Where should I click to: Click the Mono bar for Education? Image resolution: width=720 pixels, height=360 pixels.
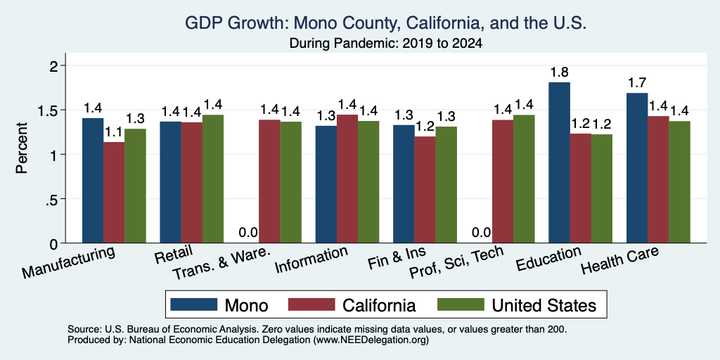tap(559, 162)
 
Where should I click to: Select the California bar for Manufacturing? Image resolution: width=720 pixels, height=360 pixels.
tap(114, 193)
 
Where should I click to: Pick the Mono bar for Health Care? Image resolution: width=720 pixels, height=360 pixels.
tap(637, 167)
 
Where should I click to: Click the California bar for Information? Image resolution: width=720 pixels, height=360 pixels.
tap(347, 179)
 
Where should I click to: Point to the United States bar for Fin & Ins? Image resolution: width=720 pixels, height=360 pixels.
tap(446, 185)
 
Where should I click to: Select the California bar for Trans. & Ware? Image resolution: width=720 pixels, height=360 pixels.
tap(269, 181)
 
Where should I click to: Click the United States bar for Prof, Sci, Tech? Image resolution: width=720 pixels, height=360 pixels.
tap(524, 179)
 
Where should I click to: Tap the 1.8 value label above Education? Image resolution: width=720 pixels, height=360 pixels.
tap(559, 72)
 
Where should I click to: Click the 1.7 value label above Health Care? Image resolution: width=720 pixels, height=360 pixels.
tap(637, 83)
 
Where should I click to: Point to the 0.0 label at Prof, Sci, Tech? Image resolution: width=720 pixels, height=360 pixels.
tap(481, 232)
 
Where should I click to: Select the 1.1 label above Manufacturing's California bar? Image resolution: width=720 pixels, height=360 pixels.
tap(114, 131)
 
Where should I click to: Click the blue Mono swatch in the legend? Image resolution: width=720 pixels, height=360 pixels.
tap(193, 304)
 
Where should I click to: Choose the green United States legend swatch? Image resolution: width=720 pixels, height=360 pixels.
tap(461, 304)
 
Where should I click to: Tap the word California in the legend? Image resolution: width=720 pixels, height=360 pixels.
tap(379, 305)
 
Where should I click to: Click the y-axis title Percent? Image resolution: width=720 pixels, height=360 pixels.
tap(22, 148)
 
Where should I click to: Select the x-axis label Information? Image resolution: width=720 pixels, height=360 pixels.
tap(310, 259)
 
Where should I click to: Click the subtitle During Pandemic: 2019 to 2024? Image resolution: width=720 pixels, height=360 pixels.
tap(386, 44)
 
